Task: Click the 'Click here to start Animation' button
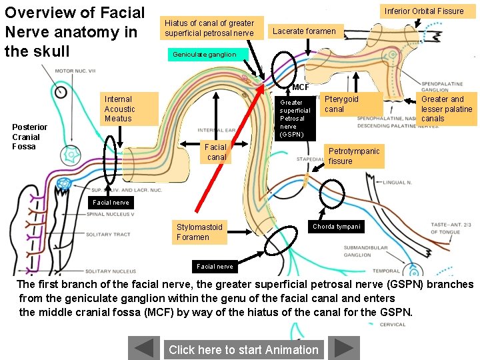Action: pyautogui.click(x=243, y=349)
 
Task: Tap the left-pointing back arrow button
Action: pyautogui.click(x=144, y=348)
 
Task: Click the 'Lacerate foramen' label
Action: pyautogui.click(x=305, y=31)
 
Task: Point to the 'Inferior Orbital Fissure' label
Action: pyautogui.click(x=423, y=11)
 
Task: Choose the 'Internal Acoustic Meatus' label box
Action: pyautogui.click(x=129, y=109)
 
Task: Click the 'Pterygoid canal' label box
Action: pyautogui.click(x=351, y=105)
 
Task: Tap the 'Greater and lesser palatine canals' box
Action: pyautogui.click(x=447, y=109)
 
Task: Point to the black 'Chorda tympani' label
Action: pyautogui.click(x=337, y=227)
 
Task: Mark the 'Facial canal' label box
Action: pyautogui.click(x=216, y=152)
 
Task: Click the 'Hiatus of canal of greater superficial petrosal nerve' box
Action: pyautogui.click(x=209, y=28)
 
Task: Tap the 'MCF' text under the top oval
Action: pyautogui.click(x=301, y=87)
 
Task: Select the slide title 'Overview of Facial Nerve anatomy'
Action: pyautogui.click(x=73, y=31)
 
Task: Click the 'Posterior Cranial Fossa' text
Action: pyautogui.click(x=30, y=137)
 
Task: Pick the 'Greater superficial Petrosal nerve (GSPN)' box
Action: pyautogui.click(x=295, y=119)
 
